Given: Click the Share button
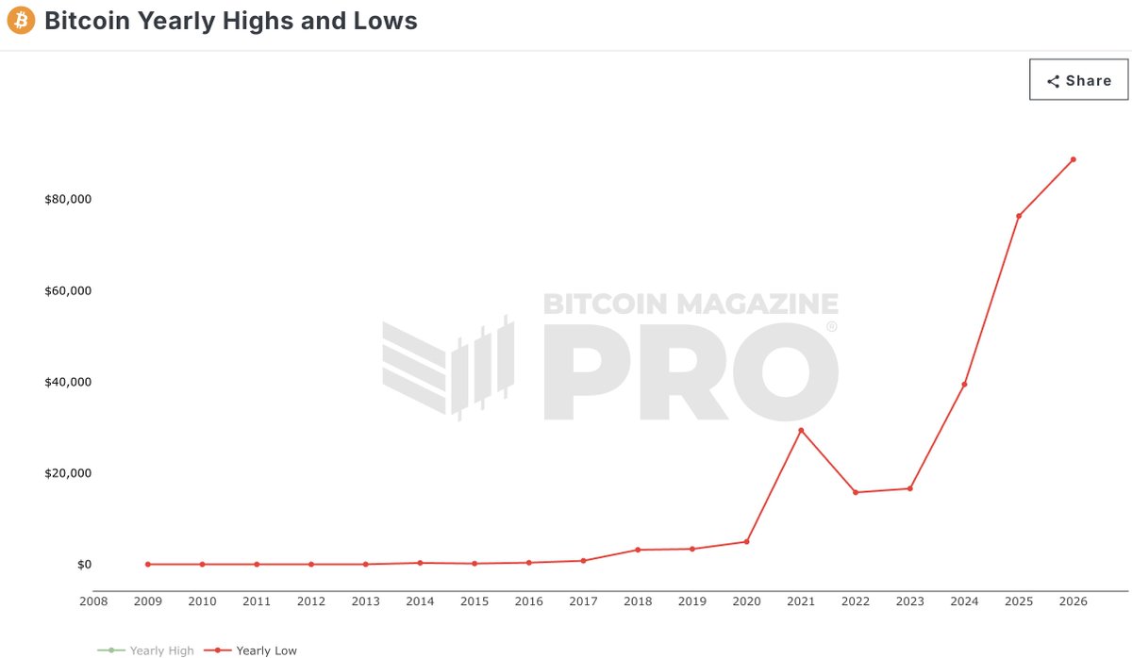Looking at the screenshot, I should click(x=1079, y=80).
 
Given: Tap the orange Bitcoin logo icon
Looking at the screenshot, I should click(x=21, y=20).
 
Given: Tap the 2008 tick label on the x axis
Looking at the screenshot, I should click(x=93, y=601).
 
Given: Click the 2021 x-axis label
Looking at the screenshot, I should click(x=801, y=601).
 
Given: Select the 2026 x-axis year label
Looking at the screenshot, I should click(x=1074, y=601).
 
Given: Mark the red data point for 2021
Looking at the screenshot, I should click(x=801, y=431).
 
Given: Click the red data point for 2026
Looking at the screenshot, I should click(x=1074, y=159).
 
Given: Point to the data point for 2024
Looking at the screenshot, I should click(x=964, y=384).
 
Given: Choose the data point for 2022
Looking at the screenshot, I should click(x=856, y=492).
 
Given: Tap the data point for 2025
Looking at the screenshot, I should click(x=1019, y=216).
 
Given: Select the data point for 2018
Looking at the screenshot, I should click(x=638, y=550).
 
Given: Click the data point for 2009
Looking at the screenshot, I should click(x=148, y=564).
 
